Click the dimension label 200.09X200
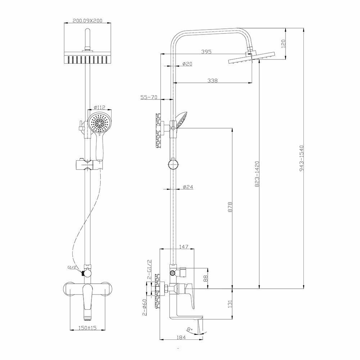87,21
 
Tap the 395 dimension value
206,52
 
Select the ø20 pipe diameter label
187,64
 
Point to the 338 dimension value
212,81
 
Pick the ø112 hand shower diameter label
99,107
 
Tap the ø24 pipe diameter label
188,187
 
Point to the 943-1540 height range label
302,158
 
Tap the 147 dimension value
184,247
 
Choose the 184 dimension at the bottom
181,337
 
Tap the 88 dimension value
206,278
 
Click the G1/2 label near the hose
71,267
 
